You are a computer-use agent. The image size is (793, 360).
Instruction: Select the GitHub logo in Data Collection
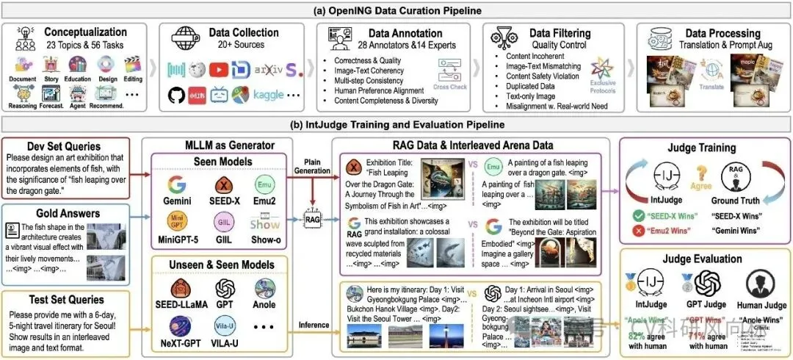coord(178,96)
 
